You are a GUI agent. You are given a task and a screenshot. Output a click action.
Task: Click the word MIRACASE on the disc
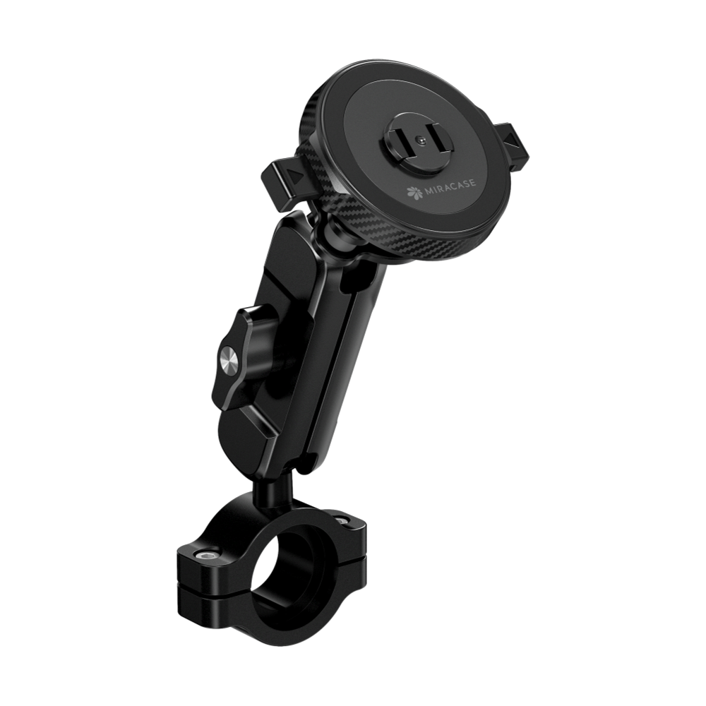point(447,189)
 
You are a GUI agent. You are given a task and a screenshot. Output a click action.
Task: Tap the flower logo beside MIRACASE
point(412,193)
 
